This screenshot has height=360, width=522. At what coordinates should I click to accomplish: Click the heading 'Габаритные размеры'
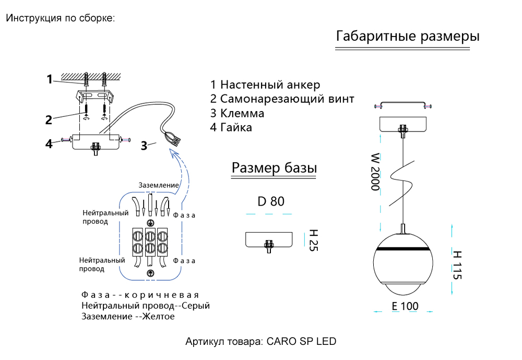408,37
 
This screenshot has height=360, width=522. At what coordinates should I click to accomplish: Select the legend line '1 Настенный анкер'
265,85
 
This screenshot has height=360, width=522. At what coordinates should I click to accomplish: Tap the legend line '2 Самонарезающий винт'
282,99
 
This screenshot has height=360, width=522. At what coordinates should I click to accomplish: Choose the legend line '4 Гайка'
231,127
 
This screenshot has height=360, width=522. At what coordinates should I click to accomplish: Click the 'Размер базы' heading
275,168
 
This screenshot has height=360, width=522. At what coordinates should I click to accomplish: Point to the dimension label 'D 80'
271,201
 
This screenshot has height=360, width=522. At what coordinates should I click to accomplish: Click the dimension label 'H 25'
313,240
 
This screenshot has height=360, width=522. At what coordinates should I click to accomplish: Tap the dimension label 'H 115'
457,265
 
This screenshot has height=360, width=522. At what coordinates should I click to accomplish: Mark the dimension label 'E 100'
405,306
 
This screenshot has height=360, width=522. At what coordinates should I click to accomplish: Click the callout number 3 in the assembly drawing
144,146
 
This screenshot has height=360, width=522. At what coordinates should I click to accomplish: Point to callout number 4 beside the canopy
49,143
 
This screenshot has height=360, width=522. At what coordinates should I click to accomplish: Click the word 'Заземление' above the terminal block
159,185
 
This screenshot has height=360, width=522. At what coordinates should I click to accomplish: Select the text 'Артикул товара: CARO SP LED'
261,342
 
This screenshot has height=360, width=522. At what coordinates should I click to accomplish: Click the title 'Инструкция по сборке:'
60,18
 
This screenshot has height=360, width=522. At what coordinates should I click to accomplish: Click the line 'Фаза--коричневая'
140,295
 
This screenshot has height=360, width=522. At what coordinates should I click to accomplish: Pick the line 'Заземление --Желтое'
128,316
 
